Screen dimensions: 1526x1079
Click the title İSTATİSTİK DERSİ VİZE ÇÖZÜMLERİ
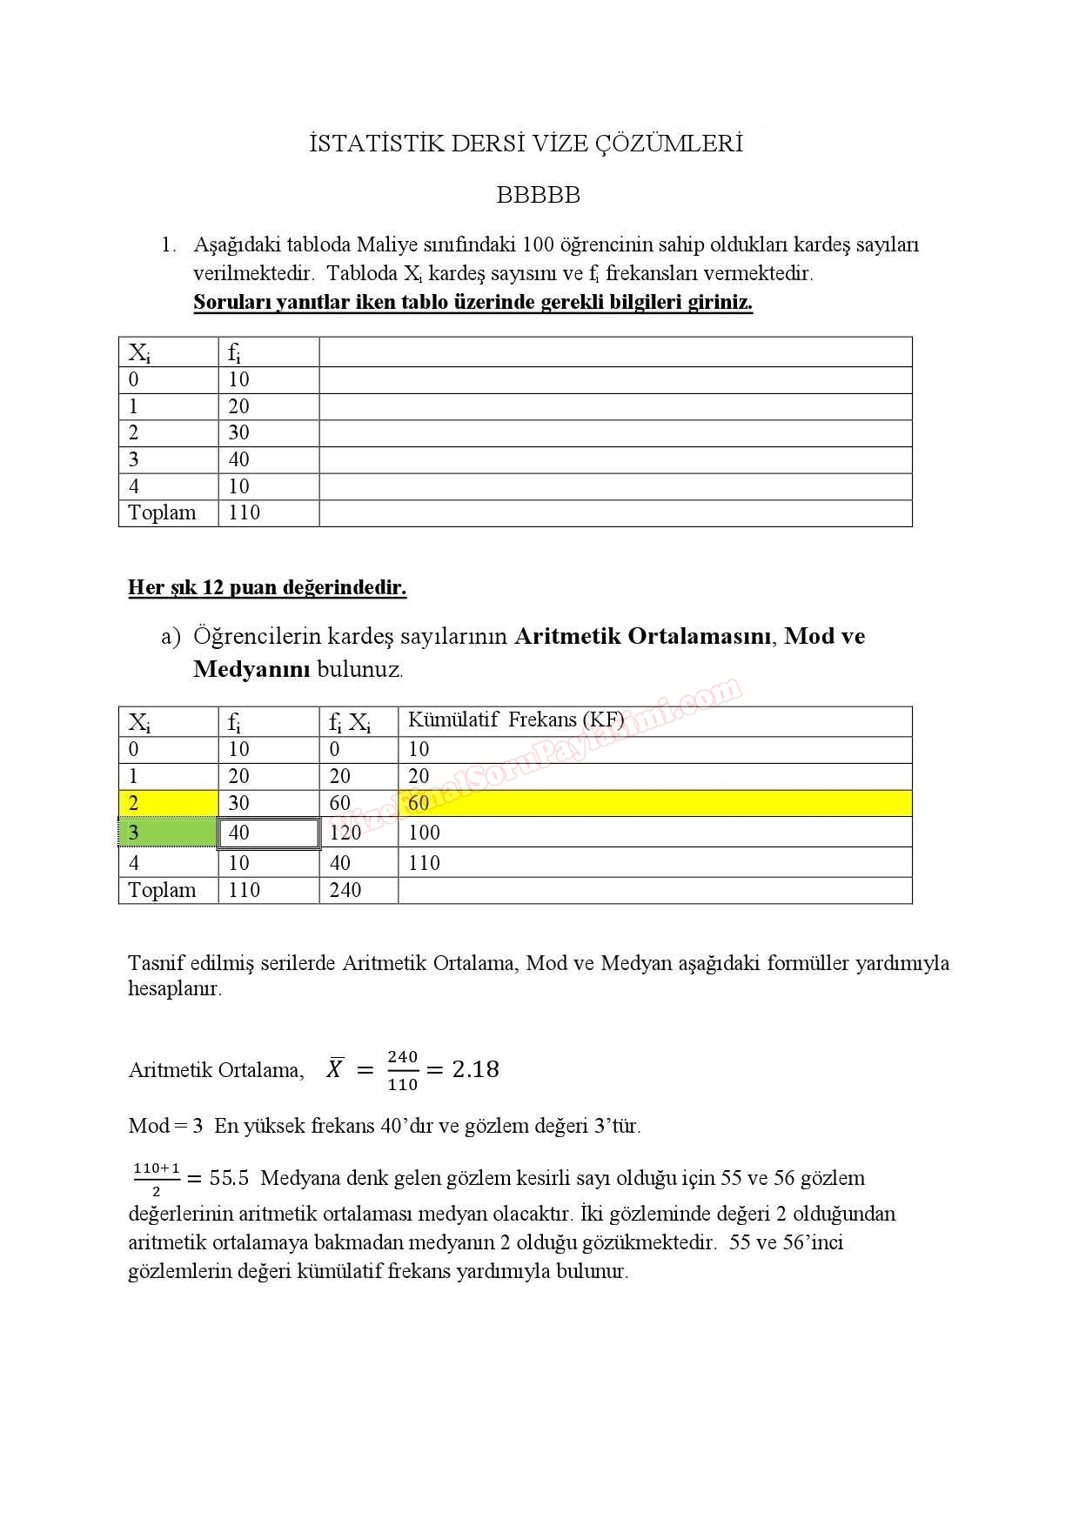pyautogui.click(x=526, y=144)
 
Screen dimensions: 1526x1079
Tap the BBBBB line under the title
pyautogui.click(x=538, y=195)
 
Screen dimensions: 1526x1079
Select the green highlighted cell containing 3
pyautogui.click(x=167, y=833)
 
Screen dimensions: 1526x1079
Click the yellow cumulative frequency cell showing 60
pyautogui.click(x=419, y=804)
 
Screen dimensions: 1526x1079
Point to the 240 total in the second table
pyautogui.click(x=345, y=890)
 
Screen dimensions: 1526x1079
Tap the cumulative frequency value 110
pyautogui.click(x=424, y=863)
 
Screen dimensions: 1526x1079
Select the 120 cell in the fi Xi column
pyautogui.click(x=345, y=833)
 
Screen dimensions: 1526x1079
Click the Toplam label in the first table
pyautogui.click(x=162, y=512)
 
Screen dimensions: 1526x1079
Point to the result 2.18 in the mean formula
pyautogui.click(x=475, y=1069)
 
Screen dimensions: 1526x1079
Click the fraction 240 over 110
pyautogui.click(x=403, y=1070)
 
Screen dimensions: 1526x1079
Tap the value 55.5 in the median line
pyautogui.click(x=229, y=1179)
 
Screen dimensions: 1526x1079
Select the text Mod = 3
pyautogui.click(x=165, y=1126)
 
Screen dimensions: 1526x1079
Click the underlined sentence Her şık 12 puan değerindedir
pyautogui.click(x=267, y=587)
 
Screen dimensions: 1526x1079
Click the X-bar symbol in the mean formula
pyautogui.click(x=335, y=1068)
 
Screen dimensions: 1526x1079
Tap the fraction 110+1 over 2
pyautogui.click(x=157, y=1179)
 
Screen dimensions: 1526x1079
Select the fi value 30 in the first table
pyautogui.click(x=238, y=433)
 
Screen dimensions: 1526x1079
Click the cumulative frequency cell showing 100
pyautogui.click(x=424, y=833)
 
